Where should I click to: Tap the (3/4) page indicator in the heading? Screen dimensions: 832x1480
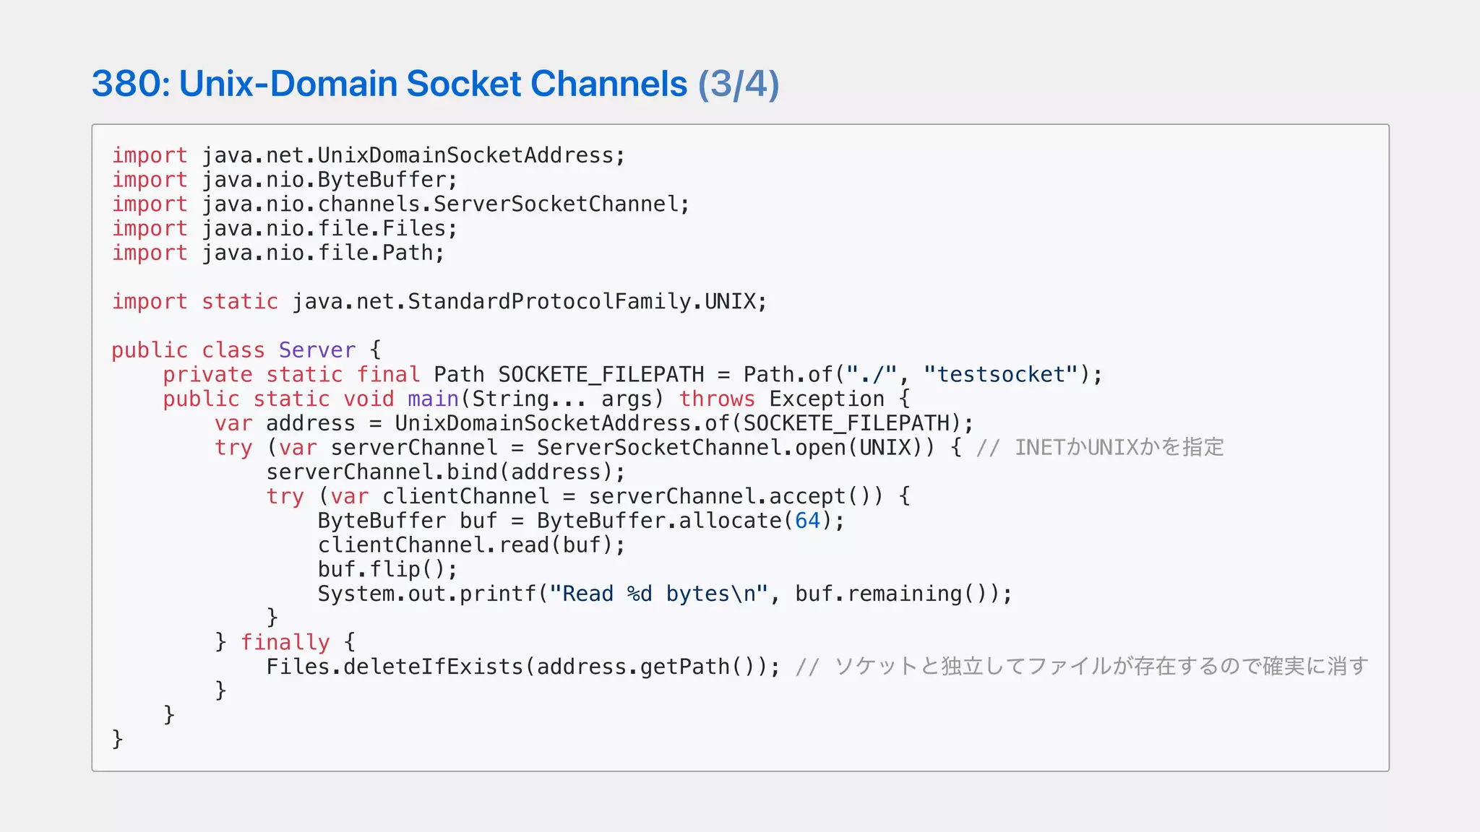click(738, 84)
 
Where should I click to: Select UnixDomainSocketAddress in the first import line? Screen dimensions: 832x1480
click(465, 155)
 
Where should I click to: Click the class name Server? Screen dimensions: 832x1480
click(317, 350)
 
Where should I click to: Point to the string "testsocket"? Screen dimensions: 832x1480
click(1000, 374)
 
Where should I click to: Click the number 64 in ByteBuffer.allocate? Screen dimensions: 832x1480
click(807, 521)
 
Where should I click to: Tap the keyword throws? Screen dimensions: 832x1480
click(717, 399)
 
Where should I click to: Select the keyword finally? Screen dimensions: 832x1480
click(285, 642)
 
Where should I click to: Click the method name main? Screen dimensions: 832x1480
click(434, 399)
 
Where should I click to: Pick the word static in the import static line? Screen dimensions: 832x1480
click(239, 301)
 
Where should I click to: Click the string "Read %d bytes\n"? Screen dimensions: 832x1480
click(658, 594)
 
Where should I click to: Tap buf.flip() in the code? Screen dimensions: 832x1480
click(387, 569)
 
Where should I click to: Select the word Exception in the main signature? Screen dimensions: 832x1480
click(827, 399)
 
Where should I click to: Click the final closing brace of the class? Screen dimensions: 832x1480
click(117, 739)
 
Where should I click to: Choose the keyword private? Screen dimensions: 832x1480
click(207, 374)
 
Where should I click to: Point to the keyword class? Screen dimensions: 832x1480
click(233, 350)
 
